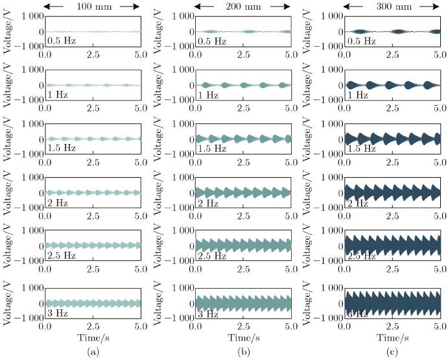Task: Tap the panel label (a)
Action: tap(93, 352)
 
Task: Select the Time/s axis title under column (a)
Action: tap(93, 339)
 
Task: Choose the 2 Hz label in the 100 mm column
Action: tap(59, 203)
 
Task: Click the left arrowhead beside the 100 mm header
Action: tap(49, 6)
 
